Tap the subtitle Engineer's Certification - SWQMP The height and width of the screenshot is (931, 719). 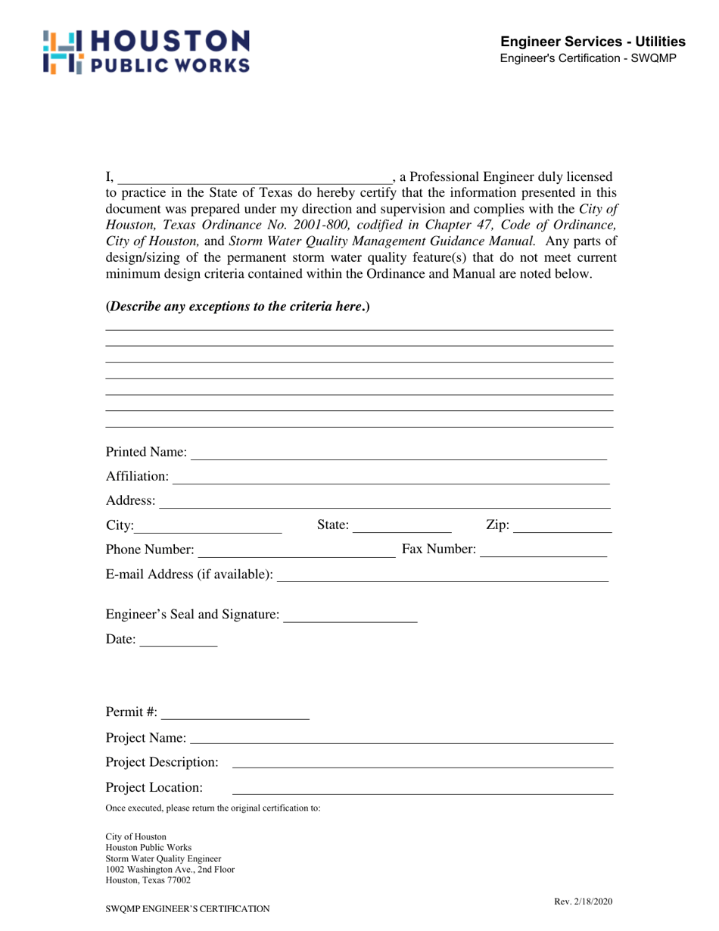click(593, 58)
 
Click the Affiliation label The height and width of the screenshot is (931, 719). click(138, 476)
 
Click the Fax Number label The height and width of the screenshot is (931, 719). click(439, 549)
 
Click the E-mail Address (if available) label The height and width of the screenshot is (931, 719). click(190, 575)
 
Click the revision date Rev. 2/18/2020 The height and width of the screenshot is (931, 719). click(584, 901)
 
